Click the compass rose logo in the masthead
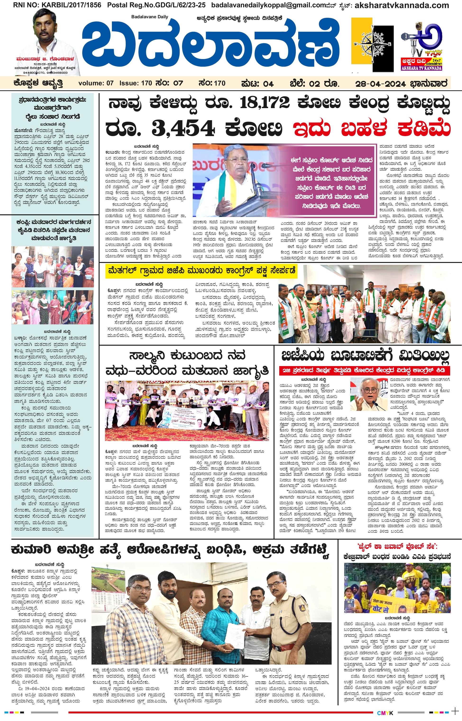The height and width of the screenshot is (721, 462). coord(372,45)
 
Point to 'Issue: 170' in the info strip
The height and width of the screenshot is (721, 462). coord(136,83)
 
